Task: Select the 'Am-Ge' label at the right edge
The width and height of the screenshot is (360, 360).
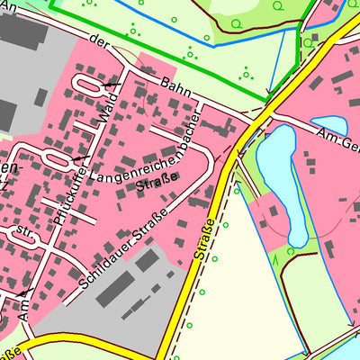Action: [337, 139]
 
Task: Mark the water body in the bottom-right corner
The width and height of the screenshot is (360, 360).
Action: [350, 346]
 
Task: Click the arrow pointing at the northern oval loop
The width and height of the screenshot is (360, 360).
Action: [110, 84]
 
